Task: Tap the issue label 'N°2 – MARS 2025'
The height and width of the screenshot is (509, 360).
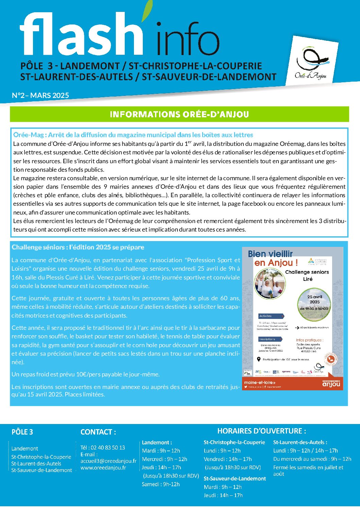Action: [40, 96]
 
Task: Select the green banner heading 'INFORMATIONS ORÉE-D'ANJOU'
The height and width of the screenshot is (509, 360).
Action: [179, 114]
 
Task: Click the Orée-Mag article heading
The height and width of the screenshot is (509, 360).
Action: [133, 135]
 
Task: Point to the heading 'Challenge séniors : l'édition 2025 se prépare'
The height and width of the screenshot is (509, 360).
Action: [78, 247]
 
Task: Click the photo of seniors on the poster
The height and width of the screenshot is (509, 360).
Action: [270, 283]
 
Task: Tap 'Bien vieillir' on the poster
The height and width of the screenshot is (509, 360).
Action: [270, 254]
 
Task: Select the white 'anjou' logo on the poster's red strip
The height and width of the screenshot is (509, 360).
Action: [331, 384]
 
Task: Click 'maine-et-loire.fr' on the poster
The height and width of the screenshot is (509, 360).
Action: [260, 382]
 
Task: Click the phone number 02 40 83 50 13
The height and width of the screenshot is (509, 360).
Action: [103, 447]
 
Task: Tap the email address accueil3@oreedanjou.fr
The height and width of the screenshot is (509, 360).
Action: [108, 461]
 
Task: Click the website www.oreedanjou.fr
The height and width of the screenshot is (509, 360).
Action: [103, 468]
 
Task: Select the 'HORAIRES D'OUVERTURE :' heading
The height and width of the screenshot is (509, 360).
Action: [261, 431]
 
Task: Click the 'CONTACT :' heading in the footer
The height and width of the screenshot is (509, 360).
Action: [98, 432]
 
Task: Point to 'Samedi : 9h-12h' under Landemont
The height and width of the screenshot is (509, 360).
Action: [161, 484]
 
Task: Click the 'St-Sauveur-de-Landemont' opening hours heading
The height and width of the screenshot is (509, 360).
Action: [235, 478]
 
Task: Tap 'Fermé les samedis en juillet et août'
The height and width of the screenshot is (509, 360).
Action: [308, 471]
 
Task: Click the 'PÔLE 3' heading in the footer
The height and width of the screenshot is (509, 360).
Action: [22, 432]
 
